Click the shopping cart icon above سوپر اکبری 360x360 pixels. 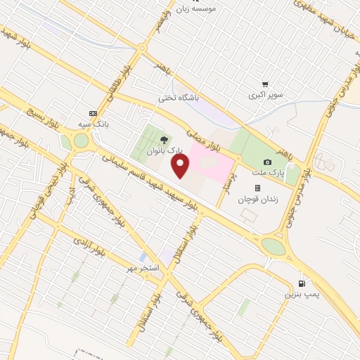coord(265,84)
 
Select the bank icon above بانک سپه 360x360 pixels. coord(93,113)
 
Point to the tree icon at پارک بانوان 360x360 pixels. coord(164,140)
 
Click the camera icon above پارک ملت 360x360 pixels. coord(267,162)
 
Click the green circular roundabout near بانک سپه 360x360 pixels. coord(82,141)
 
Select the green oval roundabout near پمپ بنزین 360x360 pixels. coord(274,247)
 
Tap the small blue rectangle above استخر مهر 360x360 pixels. coord(143,257)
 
